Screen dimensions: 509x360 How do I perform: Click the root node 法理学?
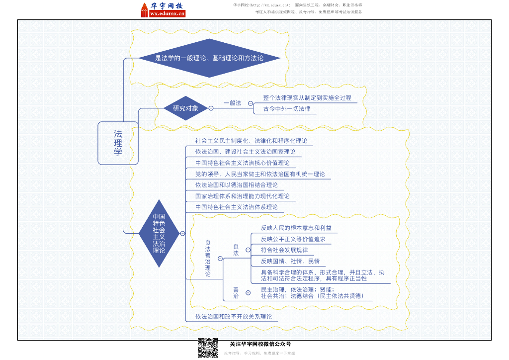[x=118, y=143]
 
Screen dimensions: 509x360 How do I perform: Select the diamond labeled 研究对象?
[x=185, y=108]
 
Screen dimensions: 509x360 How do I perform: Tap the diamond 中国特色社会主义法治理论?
[x=159, y=233]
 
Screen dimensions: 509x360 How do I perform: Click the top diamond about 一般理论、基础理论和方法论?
[x=209, y=58]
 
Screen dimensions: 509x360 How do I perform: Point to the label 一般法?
[x=232, y=103]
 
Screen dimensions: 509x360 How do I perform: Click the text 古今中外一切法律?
[x=287, y=108]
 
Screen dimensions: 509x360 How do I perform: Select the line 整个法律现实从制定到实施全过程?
[x=307, y=98]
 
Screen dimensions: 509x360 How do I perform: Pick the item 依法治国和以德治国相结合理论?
[x=237, y=185]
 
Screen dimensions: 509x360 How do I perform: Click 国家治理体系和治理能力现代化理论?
[x=242, y=196]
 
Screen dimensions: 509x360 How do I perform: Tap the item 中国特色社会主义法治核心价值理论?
[x=242, y=163]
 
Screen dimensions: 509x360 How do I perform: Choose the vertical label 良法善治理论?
[x=208, y=258]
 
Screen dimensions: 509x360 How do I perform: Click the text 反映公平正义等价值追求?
[x=293, y=239]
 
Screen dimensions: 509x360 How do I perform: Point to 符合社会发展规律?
[x=284, y=250]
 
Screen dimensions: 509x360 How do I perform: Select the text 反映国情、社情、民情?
[x=290, y=261]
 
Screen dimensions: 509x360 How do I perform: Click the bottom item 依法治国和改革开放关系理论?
[x=234, y=316]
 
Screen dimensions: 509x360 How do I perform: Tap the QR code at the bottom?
[x=208, y=348]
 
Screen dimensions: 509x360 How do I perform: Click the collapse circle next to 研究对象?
[x=211, y=108]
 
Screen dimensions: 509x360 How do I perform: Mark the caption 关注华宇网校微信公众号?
[x=260, y=344]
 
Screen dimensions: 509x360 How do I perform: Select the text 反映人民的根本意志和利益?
[x=296, y=228]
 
